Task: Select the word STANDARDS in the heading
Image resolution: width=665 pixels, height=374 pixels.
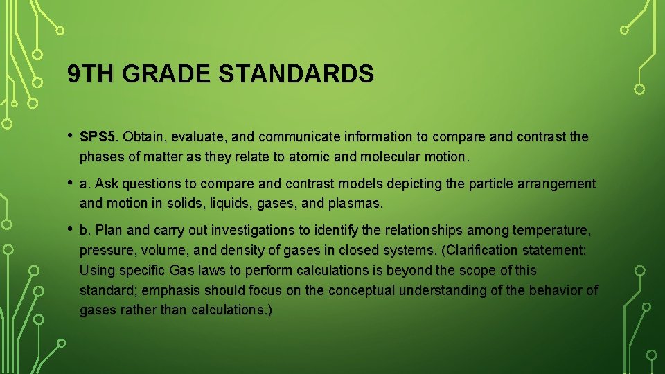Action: click(296, 73)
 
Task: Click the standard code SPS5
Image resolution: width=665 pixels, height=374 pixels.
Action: click(100, 136)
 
